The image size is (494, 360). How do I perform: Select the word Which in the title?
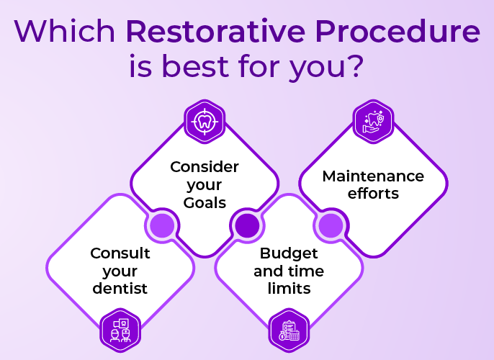tap(66, 32)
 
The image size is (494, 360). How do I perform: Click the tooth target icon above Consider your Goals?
tap(205, 121)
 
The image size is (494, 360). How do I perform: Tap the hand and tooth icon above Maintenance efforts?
tap(373, 121)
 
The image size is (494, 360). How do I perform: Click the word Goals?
tap(205, 202)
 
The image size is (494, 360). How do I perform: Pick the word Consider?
tap(205, 167)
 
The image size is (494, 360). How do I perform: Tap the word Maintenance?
tap(373, 176)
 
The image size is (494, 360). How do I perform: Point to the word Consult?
tap(120, 253)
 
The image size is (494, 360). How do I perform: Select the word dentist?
tap(120, 289)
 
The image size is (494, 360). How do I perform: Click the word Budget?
tap(289, 253)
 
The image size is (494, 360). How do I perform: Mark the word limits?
tap(289, 289)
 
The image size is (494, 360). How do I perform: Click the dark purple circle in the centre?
tap(246, 225)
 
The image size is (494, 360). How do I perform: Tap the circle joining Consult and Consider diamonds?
tap(163, 225)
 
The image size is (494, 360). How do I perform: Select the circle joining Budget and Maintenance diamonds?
tap(331, 225)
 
